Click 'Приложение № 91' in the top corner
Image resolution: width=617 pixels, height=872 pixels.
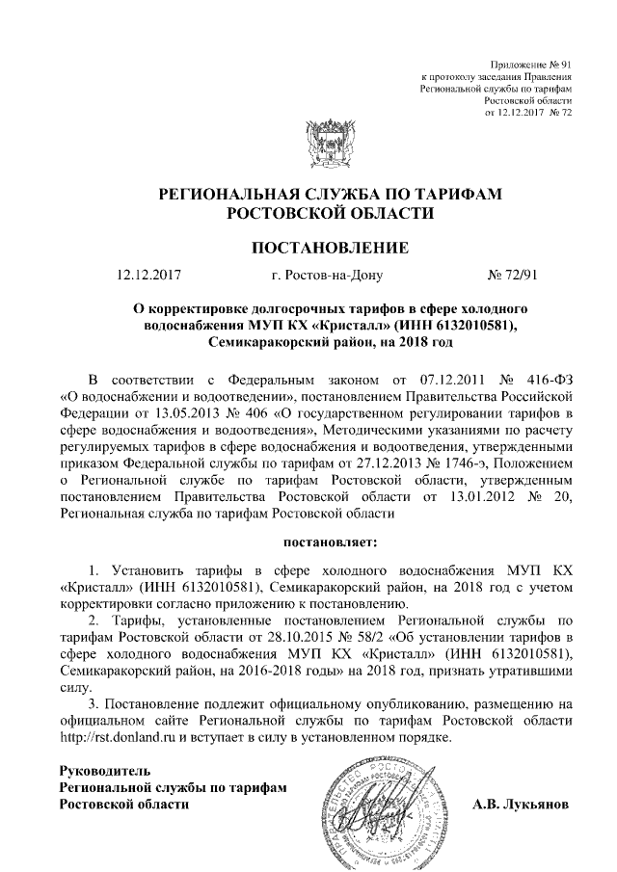[532, 62]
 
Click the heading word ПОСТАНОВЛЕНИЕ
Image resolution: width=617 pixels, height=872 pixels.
[330, 249]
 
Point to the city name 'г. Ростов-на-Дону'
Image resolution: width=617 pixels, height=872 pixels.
[328, 275]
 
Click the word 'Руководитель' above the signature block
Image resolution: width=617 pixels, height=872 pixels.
[105, 771]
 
